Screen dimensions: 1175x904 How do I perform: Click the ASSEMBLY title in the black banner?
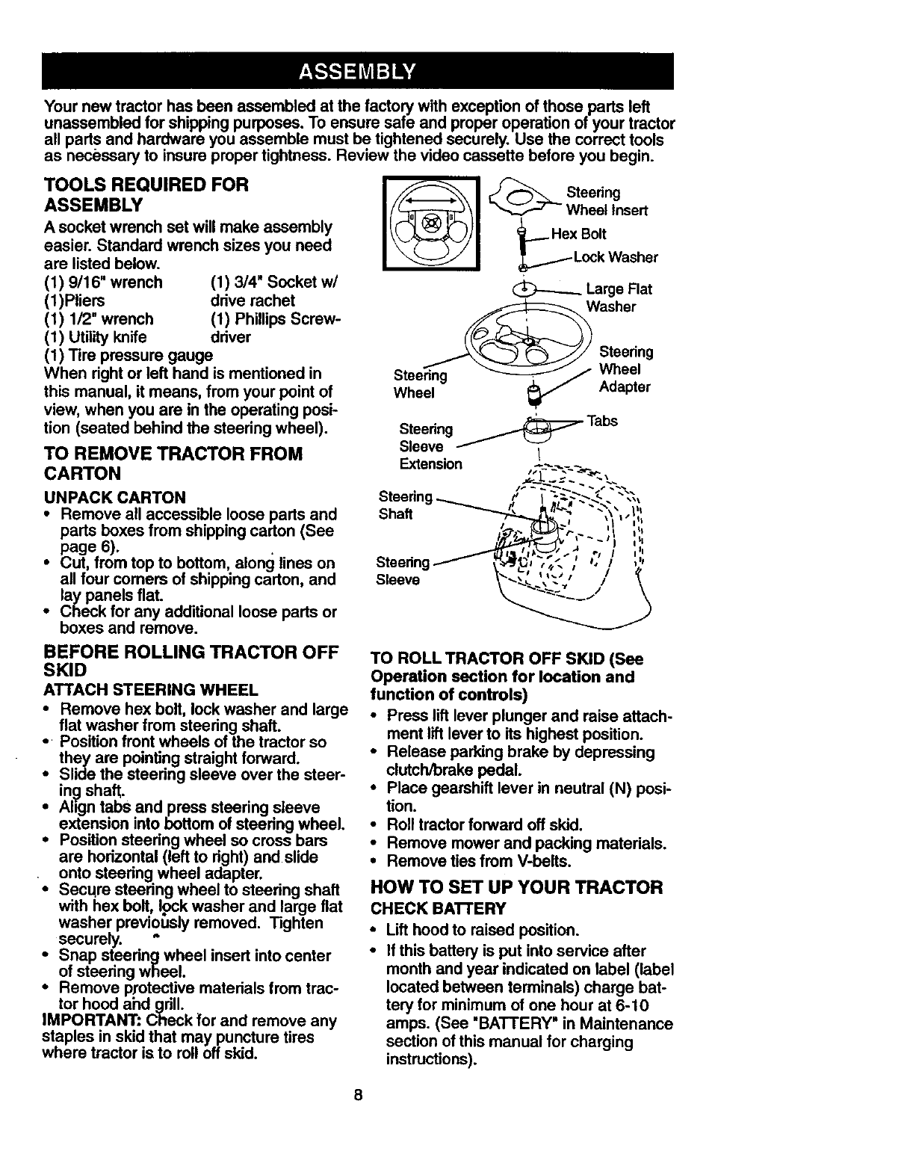pos(356,72)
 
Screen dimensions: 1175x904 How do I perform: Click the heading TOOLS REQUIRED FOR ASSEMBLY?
pos(146,194)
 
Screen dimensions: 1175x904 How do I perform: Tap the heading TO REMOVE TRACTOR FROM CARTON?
pos(173,463)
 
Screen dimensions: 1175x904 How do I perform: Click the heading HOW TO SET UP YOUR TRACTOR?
pos(516,888)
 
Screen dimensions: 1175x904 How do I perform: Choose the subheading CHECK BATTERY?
pos(438,909)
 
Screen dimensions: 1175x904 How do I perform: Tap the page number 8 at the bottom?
pos(359,1096)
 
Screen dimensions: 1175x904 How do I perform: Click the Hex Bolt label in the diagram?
pos(578,234)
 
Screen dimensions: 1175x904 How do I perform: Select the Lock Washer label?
pos(615,258)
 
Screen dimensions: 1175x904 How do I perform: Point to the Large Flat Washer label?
pos(619,297)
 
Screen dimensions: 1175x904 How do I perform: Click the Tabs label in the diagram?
pos(602,421)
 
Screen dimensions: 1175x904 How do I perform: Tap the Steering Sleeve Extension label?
pos(430,447)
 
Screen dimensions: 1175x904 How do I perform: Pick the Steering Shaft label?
pos(405,505)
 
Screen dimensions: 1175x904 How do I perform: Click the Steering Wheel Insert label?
pos(607,202)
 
